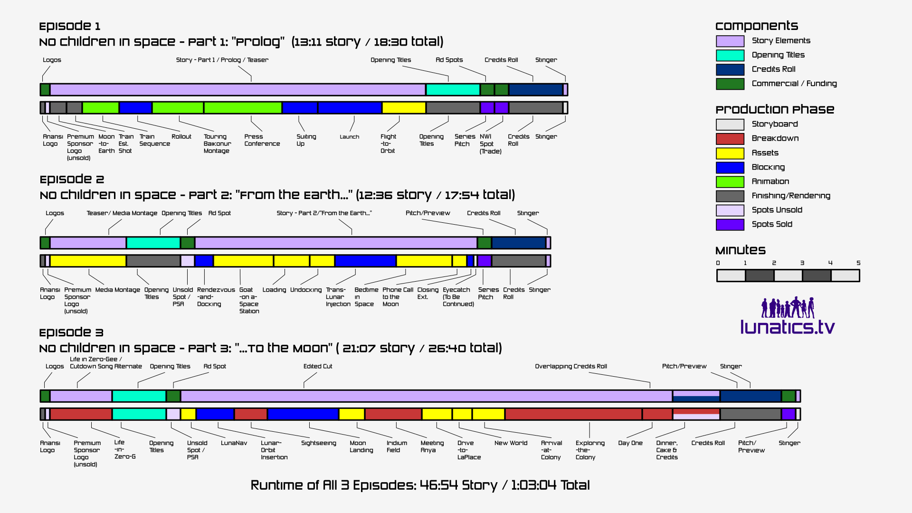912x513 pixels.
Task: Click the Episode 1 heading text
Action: pyautogui.click(x=70, y=26)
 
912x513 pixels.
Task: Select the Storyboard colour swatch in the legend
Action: pyautogui.click(x=730, y=124)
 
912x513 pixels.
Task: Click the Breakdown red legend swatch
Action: pyautogui.click(x=730, y=139)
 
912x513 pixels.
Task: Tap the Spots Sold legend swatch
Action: pyautogui.click(x=730, y=224)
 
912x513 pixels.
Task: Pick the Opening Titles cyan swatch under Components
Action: pyautogui.click(x=730, y=55)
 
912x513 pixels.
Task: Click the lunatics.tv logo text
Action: pyautogui.click(x=787, y=327)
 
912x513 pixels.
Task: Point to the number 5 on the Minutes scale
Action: pyautogui.click(x=858, y=263)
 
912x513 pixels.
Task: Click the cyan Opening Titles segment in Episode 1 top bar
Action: pyautogui.click(x=453, y=89)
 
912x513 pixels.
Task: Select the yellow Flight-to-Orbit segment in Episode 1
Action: pyautogui.click(x=404, y=107)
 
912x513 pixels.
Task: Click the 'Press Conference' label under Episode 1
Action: pyautogui.click(x=262, y=140)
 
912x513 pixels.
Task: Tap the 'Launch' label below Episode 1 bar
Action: pyautogui.click(x=349, y=137)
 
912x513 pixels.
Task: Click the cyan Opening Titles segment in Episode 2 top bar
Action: pyautogui.click(x=153, y=243)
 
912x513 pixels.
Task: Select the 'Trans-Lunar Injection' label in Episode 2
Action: pyautogui.click(x=338, y=297)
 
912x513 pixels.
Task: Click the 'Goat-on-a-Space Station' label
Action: pyautogui.click(x=249, y=300)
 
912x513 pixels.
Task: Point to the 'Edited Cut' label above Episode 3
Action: pyautogui.click(x=318, y=366)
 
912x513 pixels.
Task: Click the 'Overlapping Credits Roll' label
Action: pyautogui.click(x=570, y=366)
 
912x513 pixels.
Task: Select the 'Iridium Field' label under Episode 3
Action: pyautogui.click(x=397, y=446)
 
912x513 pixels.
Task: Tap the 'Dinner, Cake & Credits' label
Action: pyautogui.click(x=666, y=450)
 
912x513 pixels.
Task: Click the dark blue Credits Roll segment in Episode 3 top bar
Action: pyautogui.click(x=750, y=396)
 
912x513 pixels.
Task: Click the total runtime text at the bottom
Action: pyautogui.click(x=420, y=485)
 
